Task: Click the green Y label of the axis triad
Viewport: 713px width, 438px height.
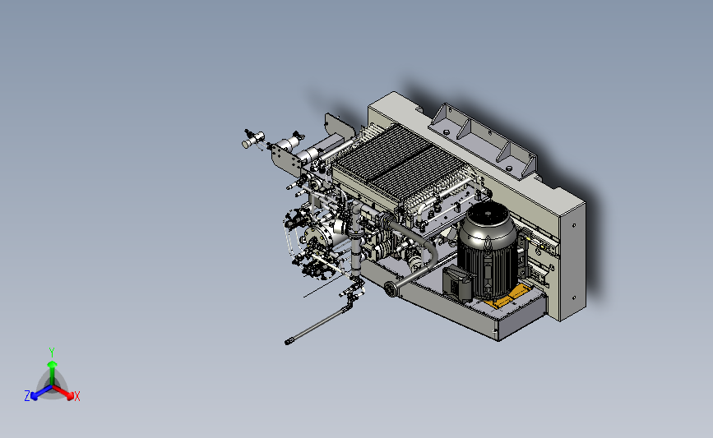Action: click(x=52, y=353)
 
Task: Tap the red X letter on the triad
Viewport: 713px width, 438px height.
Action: click(x=76, y=396)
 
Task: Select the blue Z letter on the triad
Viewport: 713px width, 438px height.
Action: click(x=27, y=396)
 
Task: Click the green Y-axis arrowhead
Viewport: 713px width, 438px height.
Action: click(x=53, y=364)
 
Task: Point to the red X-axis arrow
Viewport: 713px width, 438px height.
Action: click(x=63, y=392)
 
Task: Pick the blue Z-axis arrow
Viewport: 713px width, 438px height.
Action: click(x=41, y=392)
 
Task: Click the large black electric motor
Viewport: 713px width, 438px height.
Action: click(x=487, y=250)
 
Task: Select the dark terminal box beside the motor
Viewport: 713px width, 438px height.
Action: click(x=458, y=283)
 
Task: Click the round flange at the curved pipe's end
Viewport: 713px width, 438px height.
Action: click(x=390, y=288)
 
